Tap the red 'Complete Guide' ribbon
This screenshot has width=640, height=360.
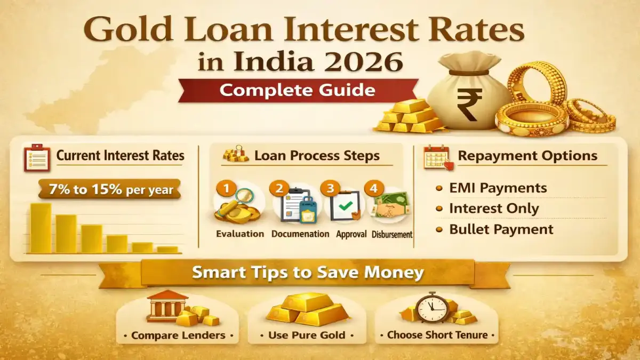pyautogui.click(x=298, y=90)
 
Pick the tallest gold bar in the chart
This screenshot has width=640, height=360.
pyautogui.click(x=41, y=228)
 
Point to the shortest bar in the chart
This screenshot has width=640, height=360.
pyautogui.click(x=167, y=249)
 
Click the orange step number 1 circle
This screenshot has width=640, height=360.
pyautogui.click(x=226, y=188)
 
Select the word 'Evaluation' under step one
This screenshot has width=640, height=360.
pyautogui.click(x=240, y=234)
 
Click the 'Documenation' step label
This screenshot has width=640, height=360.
pyautogui.click(x=300, y=234)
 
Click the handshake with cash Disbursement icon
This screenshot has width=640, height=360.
pyautogui.click(x=391, y=208)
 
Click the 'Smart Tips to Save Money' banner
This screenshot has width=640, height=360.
pyautogui.click(x=308, y=273)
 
